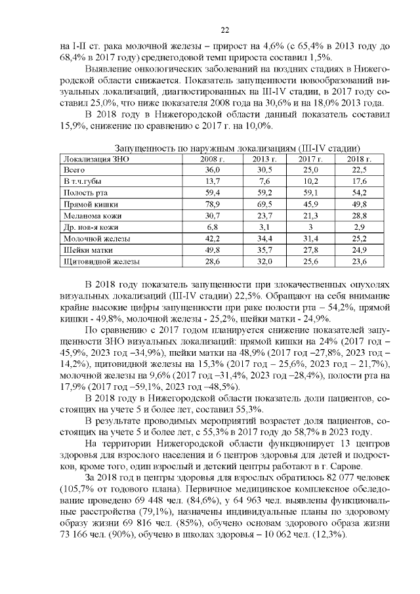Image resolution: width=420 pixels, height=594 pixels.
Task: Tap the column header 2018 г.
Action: (x=359, y=159)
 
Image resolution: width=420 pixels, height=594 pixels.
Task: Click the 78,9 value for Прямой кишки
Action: (x=213, y=204)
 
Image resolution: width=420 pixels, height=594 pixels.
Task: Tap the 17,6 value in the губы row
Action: (x=359, y=181)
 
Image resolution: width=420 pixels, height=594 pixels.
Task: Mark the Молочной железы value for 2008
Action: (x=213, y=238)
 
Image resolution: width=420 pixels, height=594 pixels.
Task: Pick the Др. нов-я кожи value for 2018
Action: (x=359, y=227)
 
